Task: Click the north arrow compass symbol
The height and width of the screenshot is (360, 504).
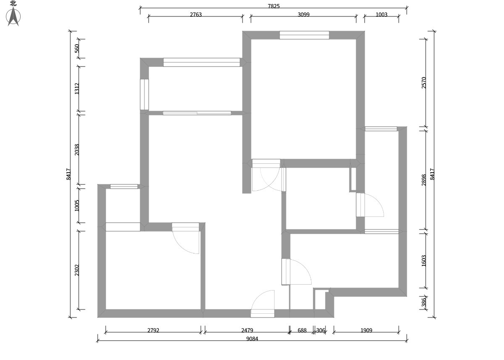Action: tap(13, 17)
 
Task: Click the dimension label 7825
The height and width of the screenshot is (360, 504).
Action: tap(274, 6)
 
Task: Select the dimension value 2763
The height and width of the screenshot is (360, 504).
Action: tap(196, 14)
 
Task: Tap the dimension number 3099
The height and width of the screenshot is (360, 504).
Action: tap(304, 14)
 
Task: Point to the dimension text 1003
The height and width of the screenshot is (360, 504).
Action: tap(381, 14)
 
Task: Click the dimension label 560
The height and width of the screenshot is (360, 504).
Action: tap(77, 48)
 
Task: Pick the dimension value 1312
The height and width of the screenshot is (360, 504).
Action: tap(77, 88)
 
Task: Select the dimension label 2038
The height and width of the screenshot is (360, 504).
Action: tap(77, 149)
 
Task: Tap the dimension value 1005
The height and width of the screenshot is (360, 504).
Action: tap(77, 205)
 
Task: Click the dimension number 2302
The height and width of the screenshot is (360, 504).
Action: tap(77, 270)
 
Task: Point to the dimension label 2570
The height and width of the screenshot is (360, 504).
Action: tap(424, 83)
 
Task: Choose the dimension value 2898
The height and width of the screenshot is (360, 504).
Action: tap(424, 180)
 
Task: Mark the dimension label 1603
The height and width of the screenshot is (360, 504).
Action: tap(424, 261)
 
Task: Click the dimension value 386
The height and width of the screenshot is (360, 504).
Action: tap(424, 302)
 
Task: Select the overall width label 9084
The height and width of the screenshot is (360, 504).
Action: tap(252, 339)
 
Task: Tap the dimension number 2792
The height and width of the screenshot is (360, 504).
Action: tap(153, 330)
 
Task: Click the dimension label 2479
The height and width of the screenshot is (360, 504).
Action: tap(247, 330)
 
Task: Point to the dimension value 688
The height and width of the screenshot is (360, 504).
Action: tap(302, 330)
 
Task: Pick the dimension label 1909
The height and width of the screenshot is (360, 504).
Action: tap(366, 330)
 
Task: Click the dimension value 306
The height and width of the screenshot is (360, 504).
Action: tap(321, 330)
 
